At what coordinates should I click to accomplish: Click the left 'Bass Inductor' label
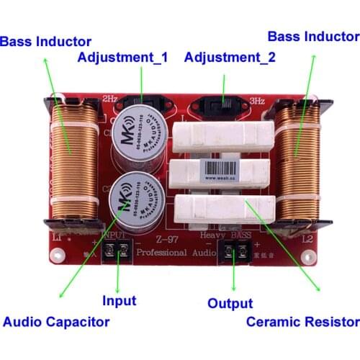tap(46, 42)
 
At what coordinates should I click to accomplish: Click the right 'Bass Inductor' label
tap(313, 36)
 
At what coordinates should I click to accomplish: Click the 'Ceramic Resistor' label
tap(302, 321)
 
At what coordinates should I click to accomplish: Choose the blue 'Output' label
tap(230, 303)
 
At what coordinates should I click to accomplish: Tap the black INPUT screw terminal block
tap(116, 251)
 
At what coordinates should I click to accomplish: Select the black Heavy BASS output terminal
tap(233, 251)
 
